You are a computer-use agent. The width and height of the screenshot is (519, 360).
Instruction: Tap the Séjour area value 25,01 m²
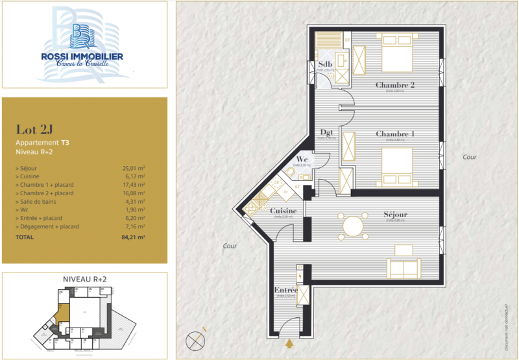coord(134,168)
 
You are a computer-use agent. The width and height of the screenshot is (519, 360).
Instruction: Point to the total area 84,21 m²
coord(132,237)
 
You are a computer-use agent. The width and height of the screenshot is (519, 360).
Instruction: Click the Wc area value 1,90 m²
coord(135,210)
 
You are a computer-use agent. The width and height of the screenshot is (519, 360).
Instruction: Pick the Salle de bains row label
coord(40,201)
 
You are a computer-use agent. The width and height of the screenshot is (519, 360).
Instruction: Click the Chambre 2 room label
coord(394,85)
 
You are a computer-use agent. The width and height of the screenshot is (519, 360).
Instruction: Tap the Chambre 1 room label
coord(394,134)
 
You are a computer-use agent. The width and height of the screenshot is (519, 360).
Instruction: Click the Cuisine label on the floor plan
coord(284,211)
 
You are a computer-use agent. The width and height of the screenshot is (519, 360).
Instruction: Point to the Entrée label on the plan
coord(286,290)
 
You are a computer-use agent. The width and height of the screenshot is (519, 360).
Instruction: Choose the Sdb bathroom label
coord(325,64)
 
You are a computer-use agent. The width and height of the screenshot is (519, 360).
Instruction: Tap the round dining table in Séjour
coord(354,226)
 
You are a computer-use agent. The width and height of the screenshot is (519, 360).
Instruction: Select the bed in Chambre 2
coord(396,54)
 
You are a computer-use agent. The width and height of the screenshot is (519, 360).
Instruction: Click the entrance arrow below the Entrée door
coord(289,344)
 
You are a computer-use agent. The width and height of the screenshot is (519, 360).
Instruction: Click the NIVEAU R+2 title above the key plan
coord(84,278)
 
